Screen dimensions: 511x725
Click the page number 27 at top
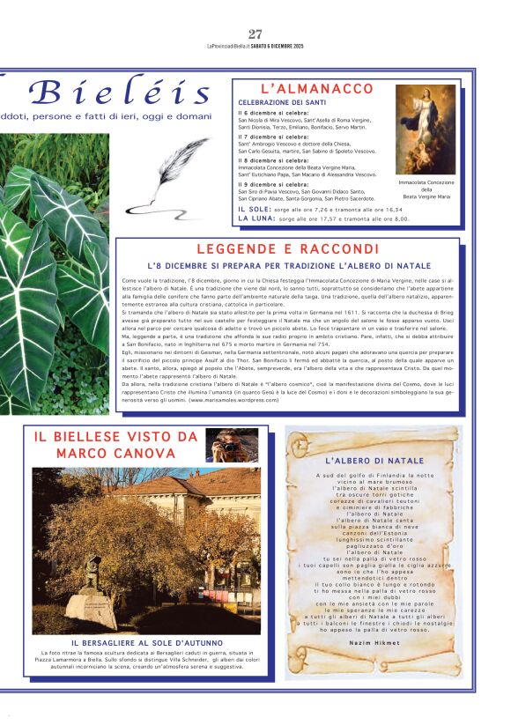click(255, 34)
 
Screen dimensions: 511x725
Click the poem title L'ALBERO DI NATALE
click(374, 461)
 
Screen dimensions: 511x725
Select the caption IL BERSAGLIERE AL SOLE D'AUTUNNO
click(147, 643)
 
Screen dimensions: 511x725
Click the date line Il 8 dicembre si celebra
click(273, 160)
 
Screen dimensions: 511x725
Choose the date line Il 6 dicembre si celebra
click(273, 113)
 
